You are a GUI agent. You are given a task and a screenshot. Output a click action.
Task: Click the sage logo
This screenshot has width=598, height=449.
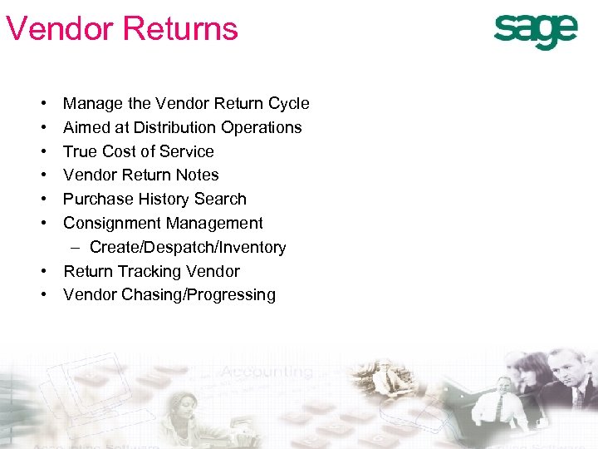tap(536, 32)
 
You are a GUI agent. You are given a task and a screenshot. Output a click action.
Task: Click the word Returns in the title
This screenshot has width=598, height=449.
tap(182, 28)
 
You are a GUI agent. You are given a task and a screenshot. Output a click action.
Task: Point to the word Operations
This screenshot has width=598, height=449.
tap(268, 128)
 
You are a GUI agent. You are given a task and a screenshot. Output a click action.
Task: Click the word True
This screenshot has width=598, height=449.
tap(80, 152)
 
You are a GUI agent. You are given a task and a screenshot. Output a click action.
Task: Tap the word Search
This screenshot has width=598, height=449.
tap(222, 200)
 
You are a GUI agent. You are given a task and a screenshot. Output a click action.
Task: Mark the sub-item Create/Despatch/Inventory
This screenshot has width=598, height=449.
tap(188, 248)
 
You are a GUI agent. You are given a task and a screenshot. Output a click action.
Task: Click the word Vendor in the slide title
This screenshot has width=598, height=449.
tap(59, 28)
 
